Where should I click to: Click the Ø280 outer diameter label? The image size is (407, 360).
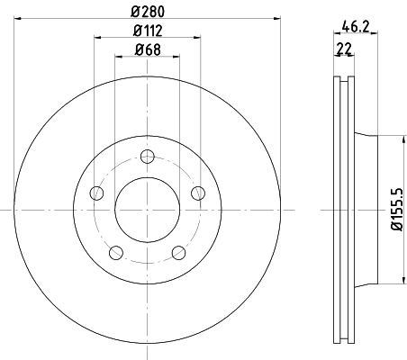(x=147, y=11)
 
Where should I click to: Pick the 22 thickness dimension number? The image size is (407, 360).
(x=342, y=49)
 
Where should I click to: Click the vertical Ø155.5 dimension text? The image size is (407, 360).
(x=394, y=210)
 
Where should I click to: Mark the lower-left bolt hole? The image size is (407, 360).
(x=115, y=251)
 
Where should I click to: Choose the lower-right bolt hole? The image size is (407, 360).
(x=178, y=251)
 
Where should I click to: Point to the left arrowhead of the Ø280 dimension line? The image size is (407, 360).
(x=15, y=20)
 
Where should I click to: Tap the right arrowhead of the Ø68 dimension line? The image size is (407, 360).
(x=176, y=58)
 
